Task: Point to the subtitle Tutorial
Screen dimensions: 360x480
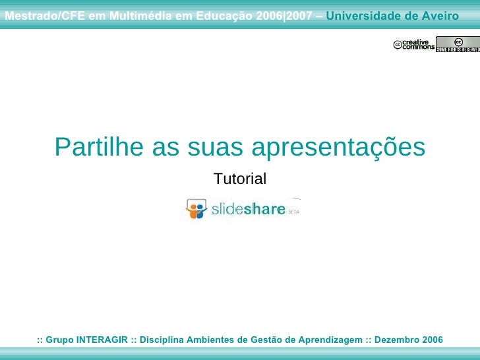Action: pyautogui.click(x=240, y=179)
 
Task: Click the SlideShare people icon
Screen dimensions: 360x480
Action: pyautogui.click(x=196, y=209)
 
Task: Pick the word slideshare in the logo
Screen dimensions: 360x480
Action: pyautogui.click(x=248, y=210)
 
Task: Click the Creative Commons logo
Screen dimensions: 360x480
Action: pyautogui.click(x=414, y=45)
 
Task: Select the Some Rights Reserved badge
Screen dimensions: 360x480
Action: pyautogui.click(x=458, y=45)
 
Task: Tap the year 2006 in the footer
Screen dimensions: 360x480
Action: pyautogui.click(x=431, y=340)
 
